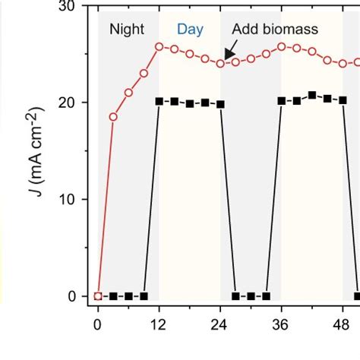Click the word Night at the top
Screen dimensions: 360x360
coord(127,30)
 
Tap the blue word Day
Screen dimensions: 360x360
coord(190,30)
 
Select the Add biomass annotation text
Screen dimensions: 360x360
coord(274,30)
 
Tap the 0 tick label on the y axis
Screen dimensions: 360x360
coord(72,296)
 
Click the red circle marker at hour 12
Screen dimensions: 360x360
coord(159,46)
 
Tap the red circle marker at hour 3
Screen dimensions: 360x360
coord(113,117)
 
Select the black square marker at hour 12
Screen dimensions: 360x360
coord(159,101)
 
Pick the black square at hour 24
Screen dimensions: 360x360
coord(220,104)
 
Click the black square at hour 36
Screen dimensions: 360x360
coord(282,101)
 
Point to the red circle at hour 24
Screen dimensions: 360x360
coord(220,63)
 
